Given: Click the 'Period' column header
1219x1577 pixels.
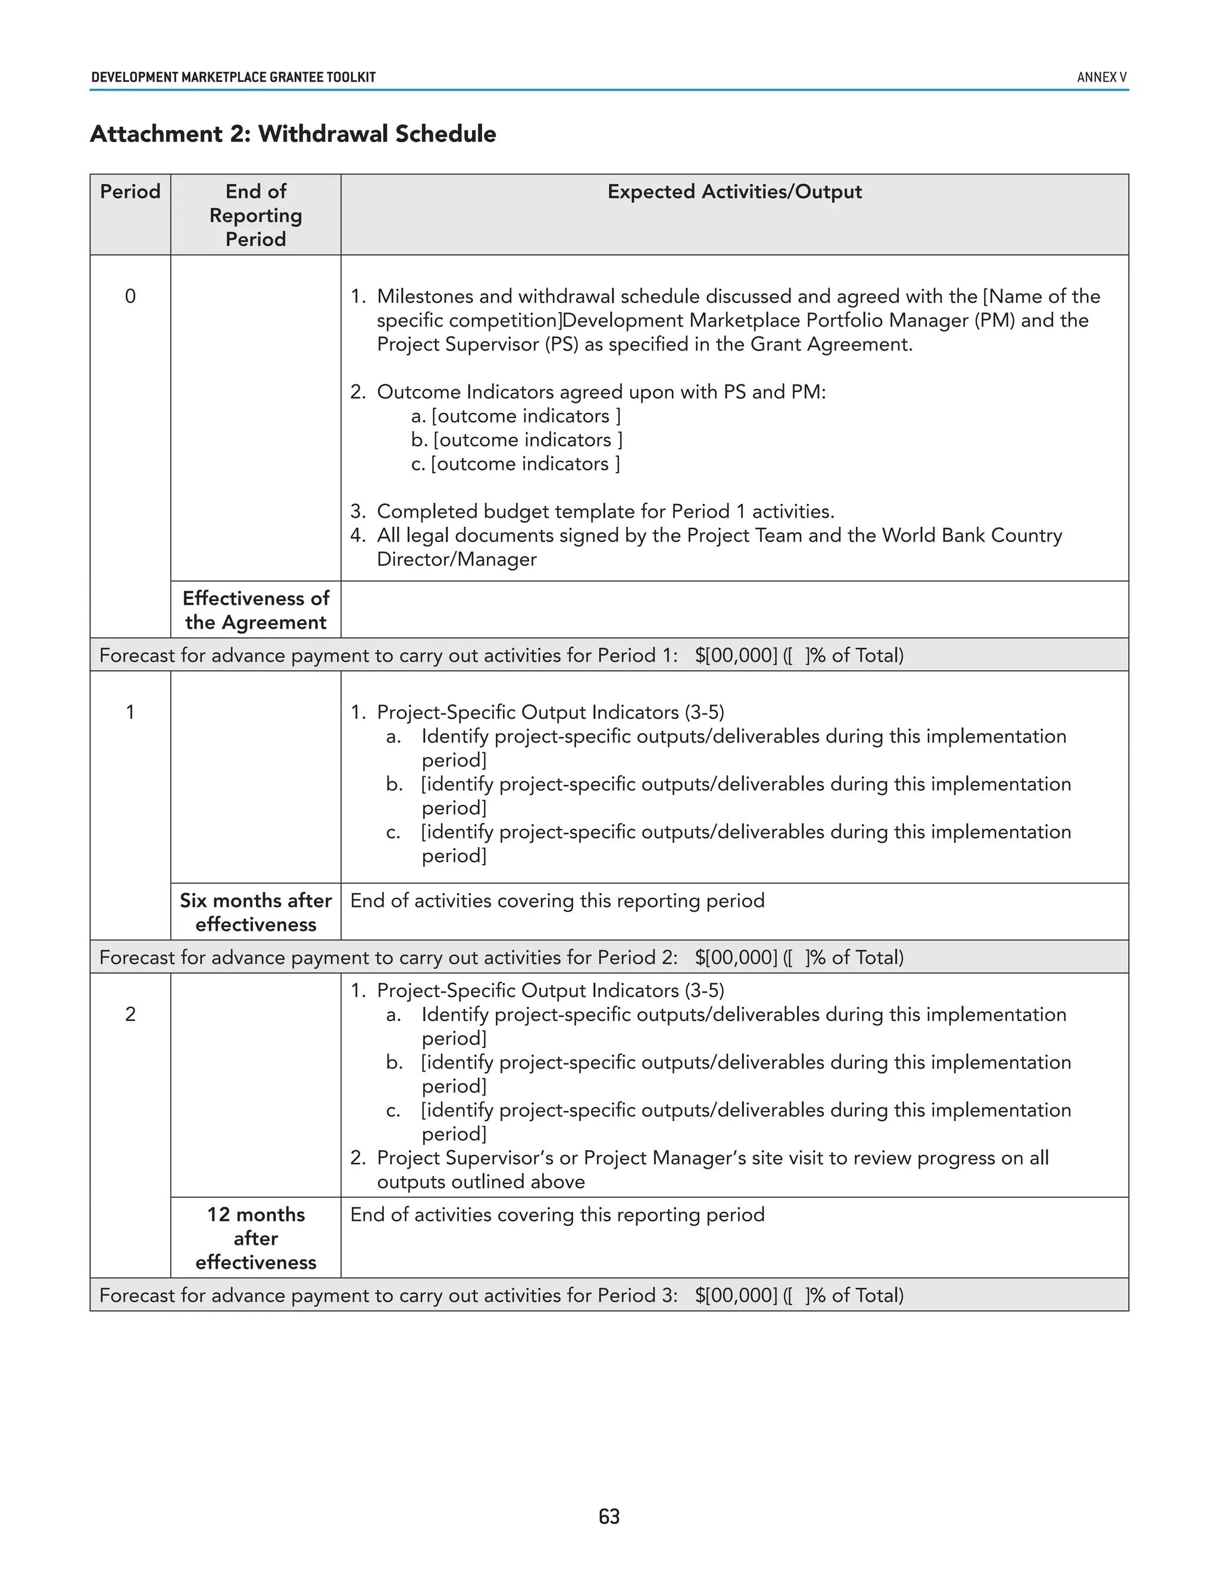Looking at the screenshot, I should (130, 192).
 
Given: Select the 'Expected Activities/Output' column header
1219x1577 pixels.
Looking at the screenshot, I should (734, 192).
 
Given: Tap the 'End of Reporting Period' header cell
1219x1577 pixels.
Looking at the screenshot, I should (255, 215).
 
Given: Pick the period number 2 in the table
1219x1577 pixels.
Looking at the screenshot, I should (130, 1014).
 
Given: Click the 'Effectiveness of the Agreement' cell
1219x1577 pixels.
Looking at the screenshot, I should (255, 610).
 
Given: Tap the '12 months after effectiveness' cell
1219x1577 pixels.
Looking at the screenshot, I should (255, 1238).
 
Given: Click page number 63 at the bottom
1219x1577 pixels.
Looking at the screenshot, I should (609, 1516).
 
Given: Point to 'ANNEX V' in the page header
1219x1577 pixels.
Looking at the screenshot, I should (1101, 77).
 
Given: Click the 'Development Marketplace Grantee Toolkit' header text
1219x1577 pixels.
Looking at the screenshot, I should (233, 77).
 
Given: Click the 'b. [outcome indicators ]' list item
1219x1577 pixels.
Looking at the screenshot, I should (517, 440).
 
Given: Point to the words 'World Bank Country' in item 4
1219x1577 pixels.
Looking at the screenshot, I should (971, 535).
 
